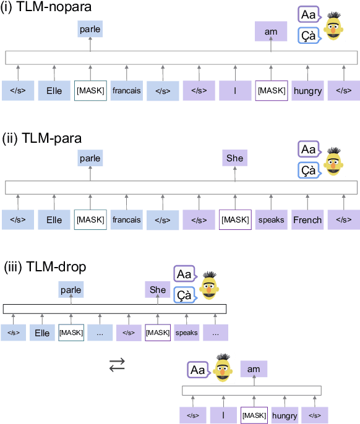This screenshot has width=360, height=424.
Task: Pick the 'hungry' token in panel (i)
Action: point(307,91)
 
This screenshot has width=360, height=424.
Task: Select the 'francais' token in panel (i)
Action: point(126,91)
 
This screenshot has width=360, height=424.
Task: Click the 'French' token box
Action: point(307,219)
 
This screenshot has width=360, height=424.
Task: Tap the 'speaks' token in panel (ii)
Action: point(271,219)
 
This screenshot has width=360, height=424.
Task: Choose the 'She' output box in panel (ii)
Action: point(234,159)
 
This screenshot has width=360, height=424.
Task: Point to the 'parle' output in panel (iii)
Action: point(71,289)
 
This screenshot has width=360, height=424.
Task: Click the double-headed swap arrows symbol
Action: point(117,365)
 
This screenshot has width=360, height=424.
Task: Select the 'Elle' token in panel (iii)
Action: point(42,333)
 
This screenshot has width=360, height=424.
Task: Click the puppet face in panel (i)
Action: point(335,26)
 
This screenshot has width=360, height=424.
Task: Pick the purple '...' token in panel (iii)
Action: point(215,333)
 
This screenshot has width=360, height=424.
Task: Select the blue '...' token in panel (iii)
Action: point(100,333)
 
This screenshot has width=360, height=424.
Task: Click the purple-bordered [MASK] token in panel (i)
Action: point(271,91)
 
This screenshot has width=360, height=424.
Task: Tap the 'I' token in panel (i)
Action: point(234,91)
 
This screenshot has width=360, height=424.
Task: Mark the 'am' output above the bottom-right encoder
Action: point(254,369)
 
